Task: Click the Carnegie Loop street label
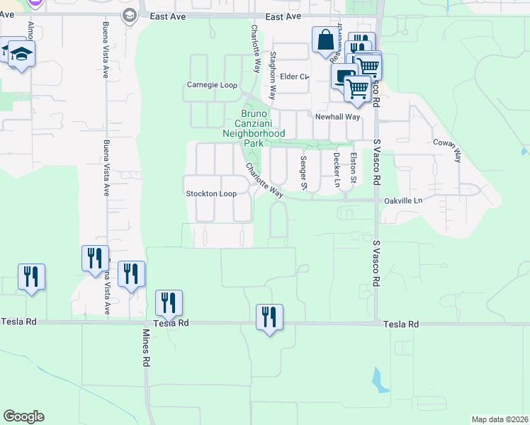[x=211, y=85]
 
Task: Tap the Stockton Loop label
[x=210, y=193]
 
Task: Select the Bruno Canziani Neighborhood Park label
[x=254, y=128]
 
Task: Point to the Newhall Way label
[x=338, y=117]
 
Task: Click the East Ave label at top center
[x=283, y=16]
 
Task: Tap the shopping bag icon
[x=325, y=40]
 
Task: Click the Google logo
[x=23, y=416]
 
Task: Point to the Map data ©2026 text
[x=499, y=419]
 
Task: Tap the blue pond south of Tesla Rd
[x=380, y=380]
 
